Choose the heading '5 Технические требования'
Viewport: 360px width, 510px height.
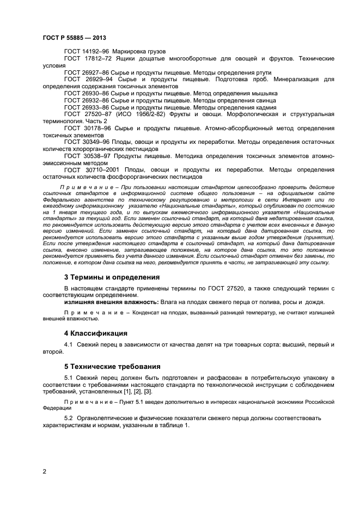[113, 366]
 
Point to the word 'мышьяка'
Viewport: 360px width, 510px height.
[264, 94]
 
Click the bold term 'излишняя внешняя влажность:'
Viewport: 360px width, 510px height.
[111, 302]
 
